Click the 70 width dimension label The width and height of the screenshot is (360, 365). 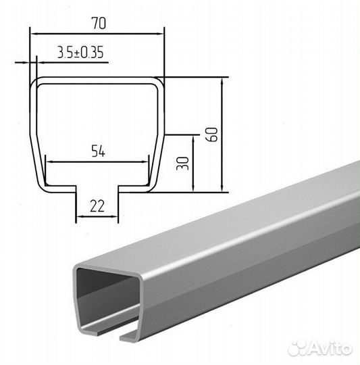(x=99, y=23)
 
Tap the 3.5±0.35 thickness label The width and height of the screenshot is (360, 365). (x=80, y=52)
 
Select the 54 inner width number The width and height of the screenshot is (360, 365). (x=98, y=151)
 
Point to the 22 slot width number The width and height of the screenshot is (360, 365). (x=97, y=206)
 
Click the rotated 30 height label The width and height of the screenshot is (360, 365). (x=183, y=164)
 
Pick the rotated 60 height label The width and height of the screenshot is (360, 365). (x=212, y=135)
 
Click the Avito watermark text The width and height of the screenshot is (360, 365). (x=331, y=349)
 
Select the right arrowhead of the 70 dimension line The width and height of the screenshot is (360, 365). (x=161, y=34)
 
